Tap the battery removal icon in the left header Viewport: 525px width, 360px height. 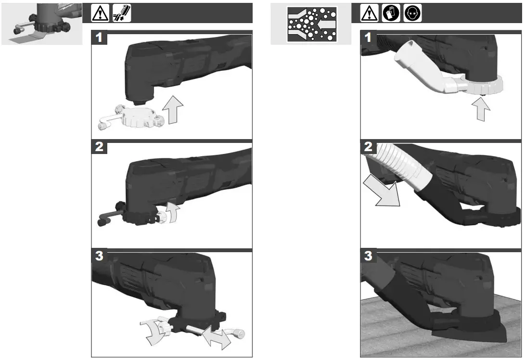click(x=121, y=13)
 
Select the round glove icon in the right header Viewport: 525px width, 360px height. click(x=391, y=13)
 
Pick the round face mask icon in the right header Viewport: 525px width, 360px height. click(x=412, y=13)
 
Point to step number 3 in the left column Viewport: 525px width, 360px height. click(x=99, y=256)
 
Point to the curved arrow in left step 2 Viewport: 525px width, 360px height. click(x=172, y=212)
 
